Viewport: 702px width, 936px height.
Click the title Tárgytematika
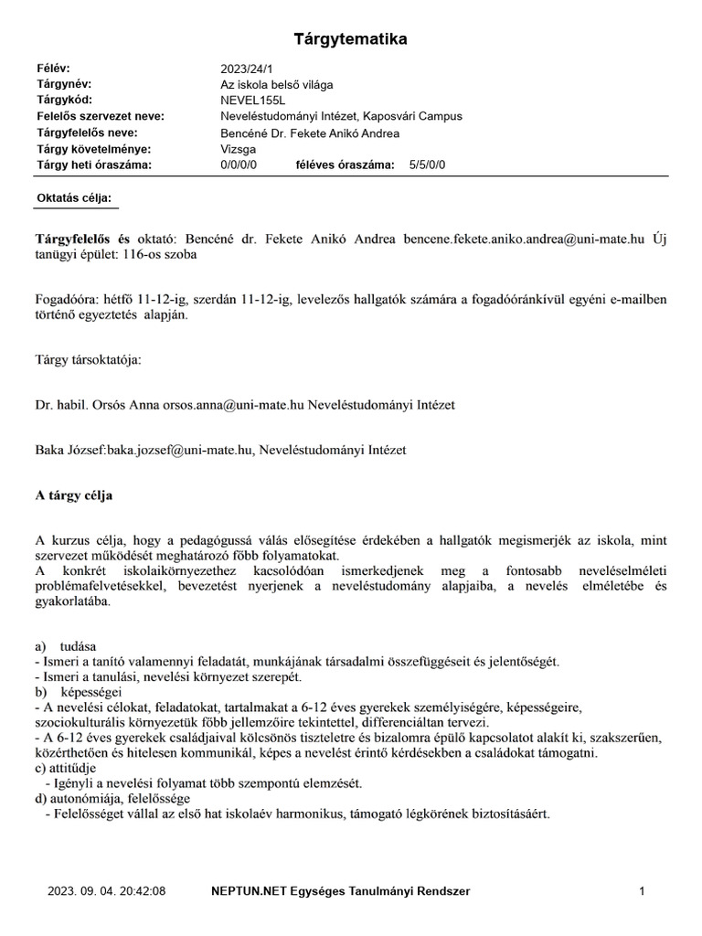pyautogui.click(x=350, y=39)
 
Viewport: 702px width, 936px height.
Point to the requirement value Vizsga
pyautogui.click(x=239, y=149)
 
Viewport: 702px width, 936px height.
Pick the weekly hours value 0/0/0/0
pyautogui.click(x=239, y=165)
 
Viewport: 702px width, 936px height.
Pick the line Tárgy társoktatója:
pyautogui.click(x=89, y=360)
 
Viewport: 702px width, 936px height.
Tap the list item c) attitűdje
pyautogui.click(x=71, y=768)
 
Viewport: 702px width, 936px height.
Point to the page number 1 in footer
pyautogui.click(x=643, y=890)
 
